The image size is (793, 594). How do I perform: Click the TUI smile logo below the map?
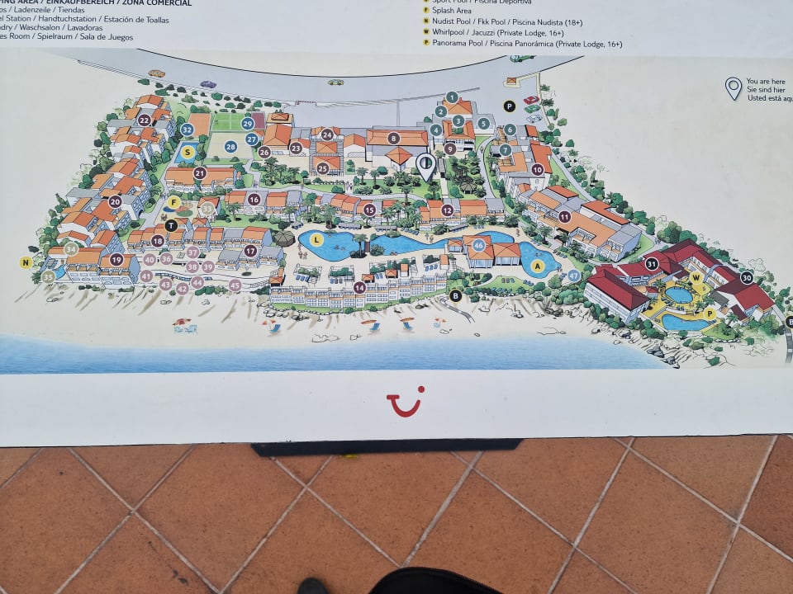[x=405, y=403]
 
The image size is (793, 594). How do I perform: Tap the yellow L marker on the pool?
[x=317, y=240]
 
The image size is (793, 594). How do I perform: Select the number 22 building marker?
[x=145, y=120]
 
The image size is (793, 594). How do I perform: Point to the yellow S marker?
[x=188, y=152]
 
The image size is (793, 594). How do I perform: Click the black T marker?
[x=171, y=225]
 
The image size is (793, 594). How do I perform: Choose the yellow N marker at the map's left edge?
[x=26, y=263]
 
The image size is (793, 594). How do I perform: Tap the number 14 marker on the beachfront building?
[x=359, y=288]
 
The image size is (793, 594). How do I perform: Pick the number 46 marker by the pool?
[x=478, y=245]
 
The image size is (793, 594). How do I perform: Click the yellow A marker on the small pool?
[x=538, y=266]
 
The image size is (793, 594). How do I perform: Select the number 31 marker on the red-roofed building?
[x=652, y=264]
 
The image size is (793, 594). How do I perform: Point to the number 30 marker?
[x=747, y=279]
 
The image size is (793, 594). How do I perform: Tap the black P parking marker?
[x=509, y=106]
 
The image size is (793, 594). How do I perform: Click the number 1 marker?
[x=451, y=97]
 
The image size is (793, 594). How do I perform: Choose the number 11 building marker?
[x=565, y=217]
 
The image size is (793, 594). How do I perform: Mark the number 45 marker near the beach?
[x=235, y=285]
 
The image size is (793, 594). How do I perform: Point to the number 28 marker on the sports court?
[x=230, y=147]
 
